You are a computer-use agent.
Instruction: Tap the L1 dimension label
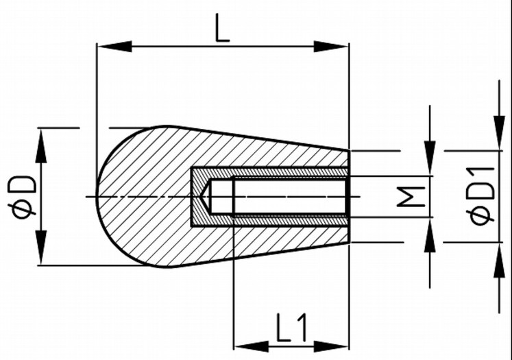point(291,328)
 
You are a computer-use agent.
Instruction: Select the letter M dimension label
point(410,197)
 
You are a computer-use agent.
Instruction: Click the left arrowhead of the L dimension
point(114,47)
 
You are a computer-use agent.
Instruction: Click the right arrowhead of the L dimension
point(332,47)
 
